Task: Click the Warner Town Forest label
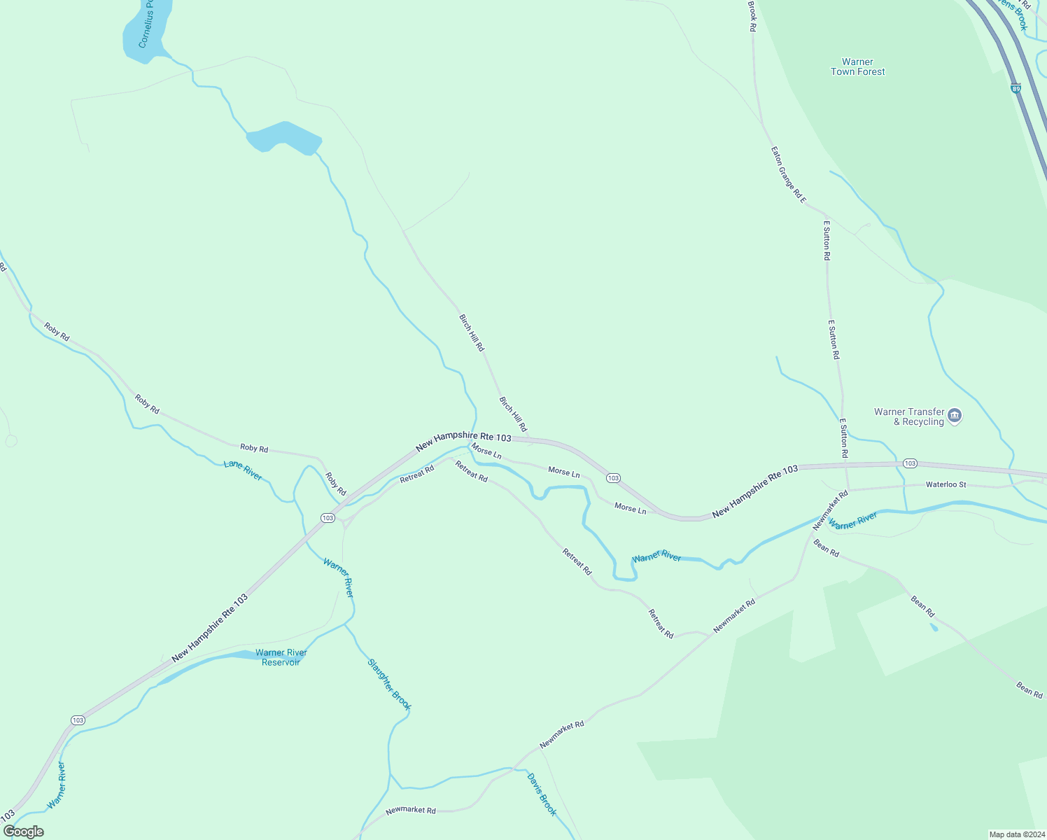pyautogui.click(x=857, y=67)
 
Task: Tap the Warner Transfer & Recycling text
pyautogui.click(x=909, y=416)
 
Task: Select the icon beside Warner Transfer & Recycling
pyautogui.click(x=955, y=416)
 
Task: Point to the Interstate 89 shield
pyautogui.click(x=1016, y=88)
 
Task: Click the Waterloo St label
pyautogui.click(x=946, y=484)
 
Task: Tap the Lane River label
pyautogui.click(x=243, y=470)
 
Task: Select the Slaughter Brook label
pyautogui.click(x=388, y=684)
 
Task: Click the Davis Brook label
pyautogui.click(x=542, y=794)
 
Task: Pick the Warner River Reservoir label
pyautogui.click(x=281, y=657)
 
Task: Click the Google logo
pyautogui.click(x=23, y=832)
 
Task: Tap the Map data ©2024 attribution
pyautogui.click(x=1016, y=834)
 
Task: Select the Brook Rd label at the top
pyautogui.click(x=752, y=15)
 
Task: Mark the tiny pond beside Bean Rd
pyautogui.click(x=934, y=626)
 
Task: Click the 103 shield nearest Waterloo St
pyautogui.click(x=909, y=463)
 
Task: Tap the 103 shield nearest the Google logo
pyautogui.click(x=78, y=720)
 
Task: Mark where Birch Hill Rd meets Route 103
pyautogui.click(x=529, y=440)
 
